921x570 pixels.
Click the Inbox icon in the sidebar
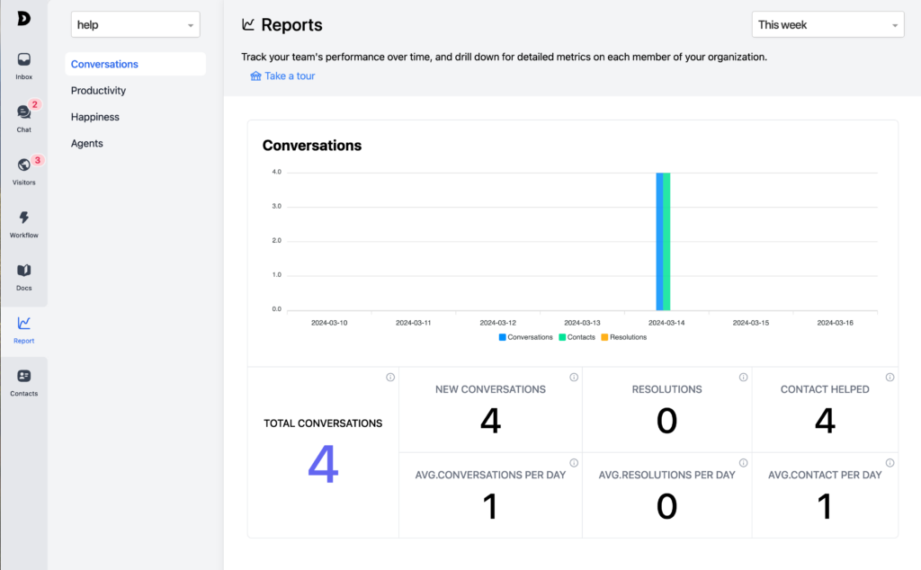pos(23,60)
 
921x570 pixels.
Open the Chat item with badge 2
pos(23,112)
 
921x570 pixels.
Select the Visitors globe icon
pos(23,165)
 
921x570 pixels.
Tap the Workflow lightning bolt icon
pos(23,218)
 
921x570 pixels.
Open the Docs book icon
pos(23,271)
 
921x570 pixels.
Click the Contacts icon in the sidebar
pos(23,377)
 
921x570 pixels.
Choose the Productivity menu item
pos(98,91)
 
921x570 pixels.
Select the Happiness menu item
pos(95,117)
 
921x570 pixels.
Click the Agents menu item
pos(87,144)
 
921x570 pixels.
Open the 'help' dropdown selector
pos(135,25)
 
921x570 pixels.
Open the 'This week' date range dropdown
pos(827,25)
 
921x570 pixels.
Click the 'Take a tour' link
pos(290,76)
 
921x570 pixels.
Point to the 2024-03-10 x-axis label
pos(328,323)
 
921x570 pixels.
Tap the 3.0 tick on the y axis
pos(276,207)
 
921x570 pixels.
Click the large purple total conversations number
pos(323,465)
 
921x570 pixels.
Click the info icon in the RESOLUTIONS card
pos(743,378)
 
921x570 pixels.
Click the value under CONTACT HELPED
pos(824,421)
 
